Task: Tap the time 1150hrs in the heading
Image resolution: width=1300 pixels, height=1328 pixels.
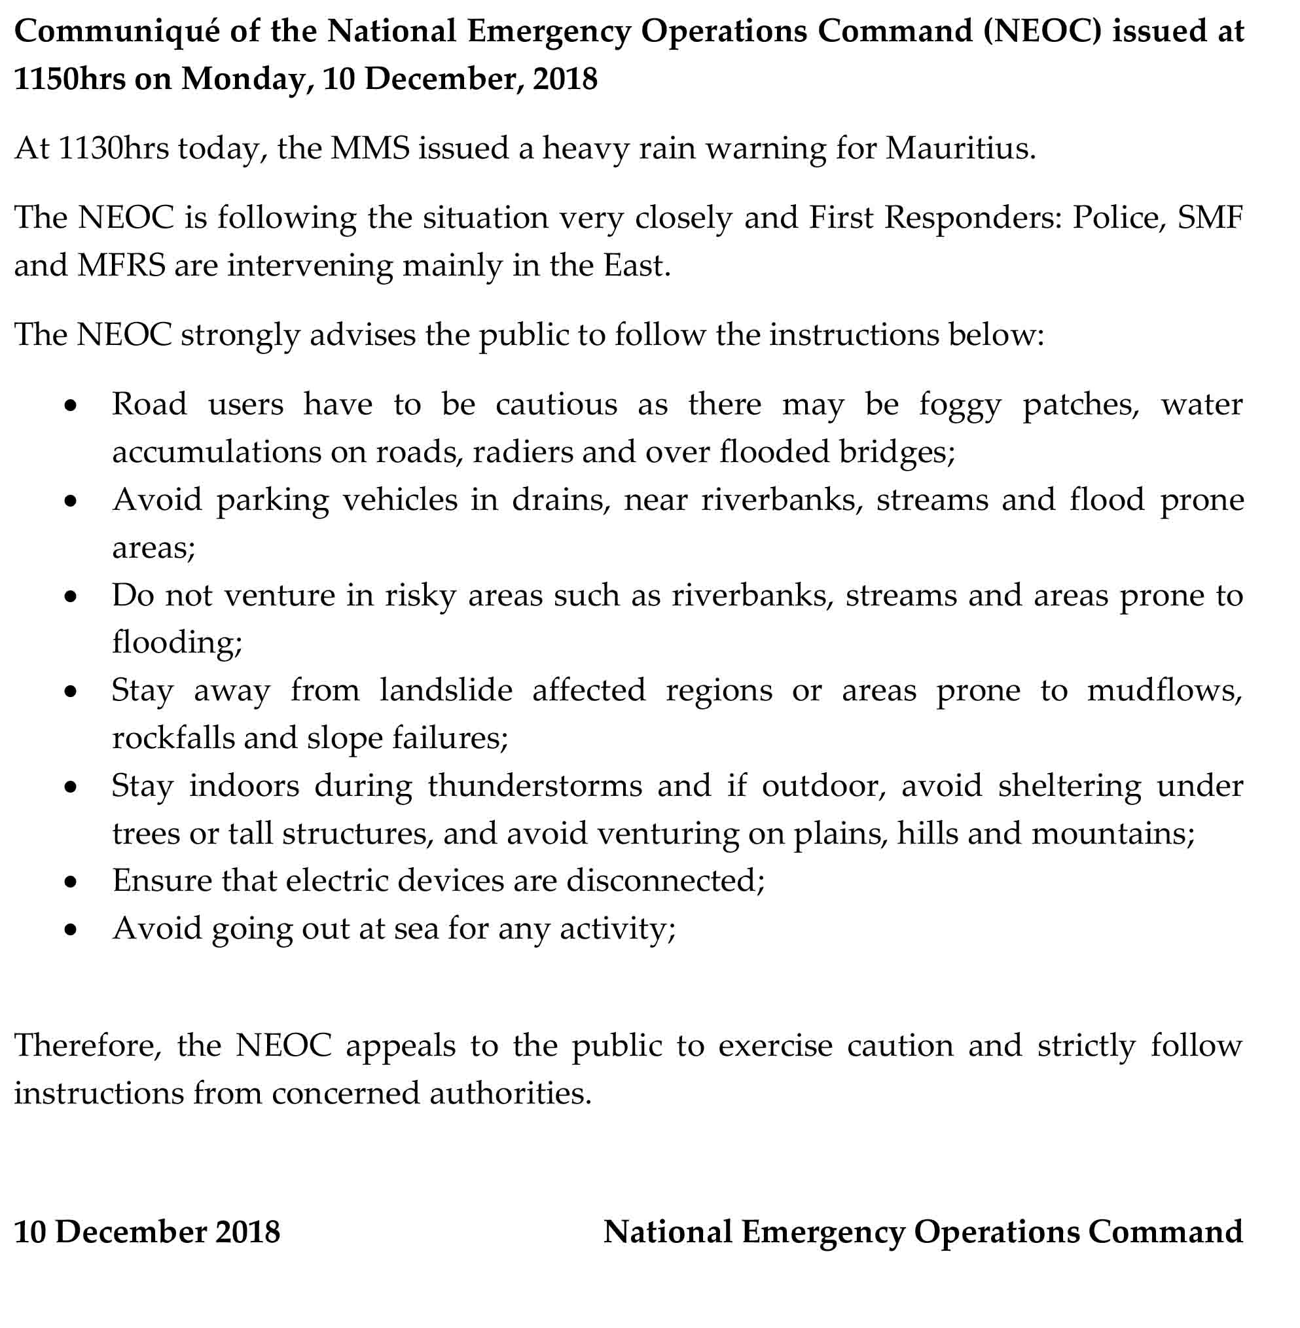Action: (x=69, y=79)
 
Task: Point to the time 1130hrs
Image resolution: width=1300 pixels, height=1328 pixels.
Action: (x=113, y=148)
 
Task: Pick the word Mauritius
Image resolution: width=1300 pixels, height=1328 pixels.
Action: (x=960, y=148)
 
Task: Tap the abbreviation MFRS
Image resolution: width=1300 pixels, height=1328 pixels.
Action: (x=121, y=266)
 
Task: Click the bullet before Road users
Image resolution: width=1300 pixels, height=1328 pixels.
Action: (x=70, y=406)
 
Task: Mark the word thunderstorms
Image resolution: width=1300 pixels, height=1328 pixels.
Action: (x=535, y=787)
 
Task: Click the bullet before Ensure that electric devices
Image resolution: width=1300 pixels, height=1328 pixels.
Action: (x=70, y=883)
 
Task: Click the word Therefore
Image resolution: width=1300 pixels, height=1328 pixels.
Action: (x=88, y=1045)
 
